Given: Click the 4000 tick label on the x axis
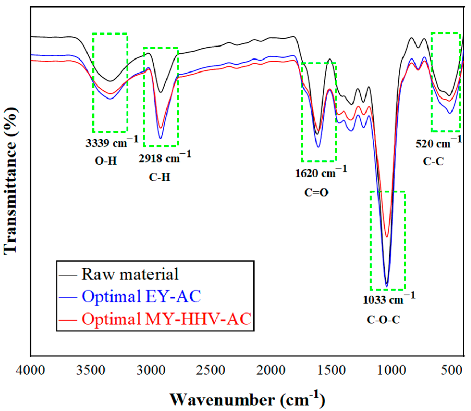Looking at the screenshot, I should click(x=30, y=370).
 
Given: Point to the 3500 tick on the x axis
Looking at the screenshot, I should click(x=90, y=370).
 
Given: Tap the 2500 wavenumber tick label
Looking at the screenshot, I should click(x=210, y=370).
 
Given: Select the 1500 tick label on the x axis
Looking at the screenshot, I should click(x=331, y=370).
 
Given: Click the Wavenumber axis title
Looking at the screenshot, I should click(x=247, y=399).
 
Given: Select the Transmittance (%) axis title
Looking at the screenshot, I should click(x=10, y=181).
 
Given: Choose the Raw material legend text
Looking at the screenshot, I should click(x=130, y=274).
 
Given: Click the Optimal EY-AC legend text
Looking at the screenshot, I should click(x=141, y=296).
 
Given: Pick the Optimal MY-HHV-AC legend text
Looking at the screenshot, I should click(x=166, y=319).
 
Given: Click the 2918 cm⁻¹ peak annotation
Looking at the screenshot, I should click(x=165, y=157).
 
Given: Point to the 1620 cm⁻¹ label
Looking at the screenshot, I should click(x=321, y=172).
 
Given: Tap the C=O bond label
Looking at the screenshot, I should click(x=316, y=193).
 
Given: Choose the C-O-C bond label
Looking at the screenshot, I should click(x=383, y=319).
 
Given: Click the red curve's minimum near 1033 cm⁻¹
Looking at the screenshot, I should click(x=387, y=236).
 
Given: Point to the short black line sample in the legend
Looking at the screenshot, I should click(x=68, y=275).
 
